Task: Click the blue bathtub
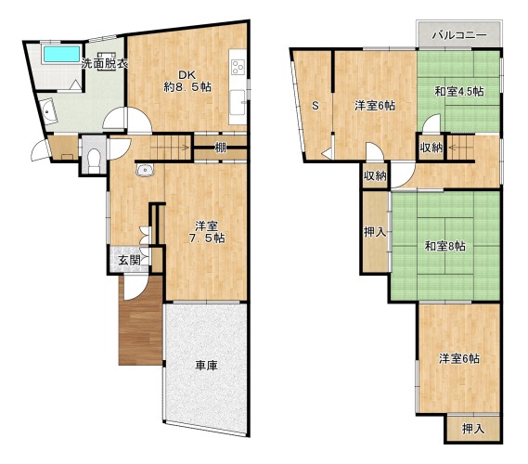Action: (x=61, y=54)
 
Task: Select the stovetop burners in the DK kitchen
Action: (x=238, y=66)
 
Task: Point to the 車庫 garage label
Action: (x=206, y=366)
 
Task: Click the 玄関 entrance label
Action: (x=129, y=260)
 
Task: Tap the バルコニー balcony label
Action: (x=459, y=35)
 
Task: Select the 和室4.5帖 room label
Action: (x=459, y=91)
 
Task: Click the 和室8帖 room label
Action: (x=445, y=246)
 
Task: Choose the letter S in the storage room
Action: (x=316, y=106)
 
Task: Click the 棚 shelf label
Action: (x=220, y=148)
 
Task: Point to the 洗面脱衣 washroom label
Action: (x=105, y=64)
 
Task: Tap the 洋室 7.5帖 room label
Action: (x=206, y=232)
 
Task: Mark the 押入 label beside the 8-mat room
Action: (x=375, y=232)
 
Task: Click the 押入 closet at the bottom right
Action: (x=473, y=429)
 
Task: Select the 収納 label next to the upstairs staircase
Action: (x=431, y=148)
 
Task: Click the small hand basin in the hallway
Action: (x=145, y=170)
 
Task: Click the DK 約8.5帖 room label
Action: (x=187, y=81)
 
